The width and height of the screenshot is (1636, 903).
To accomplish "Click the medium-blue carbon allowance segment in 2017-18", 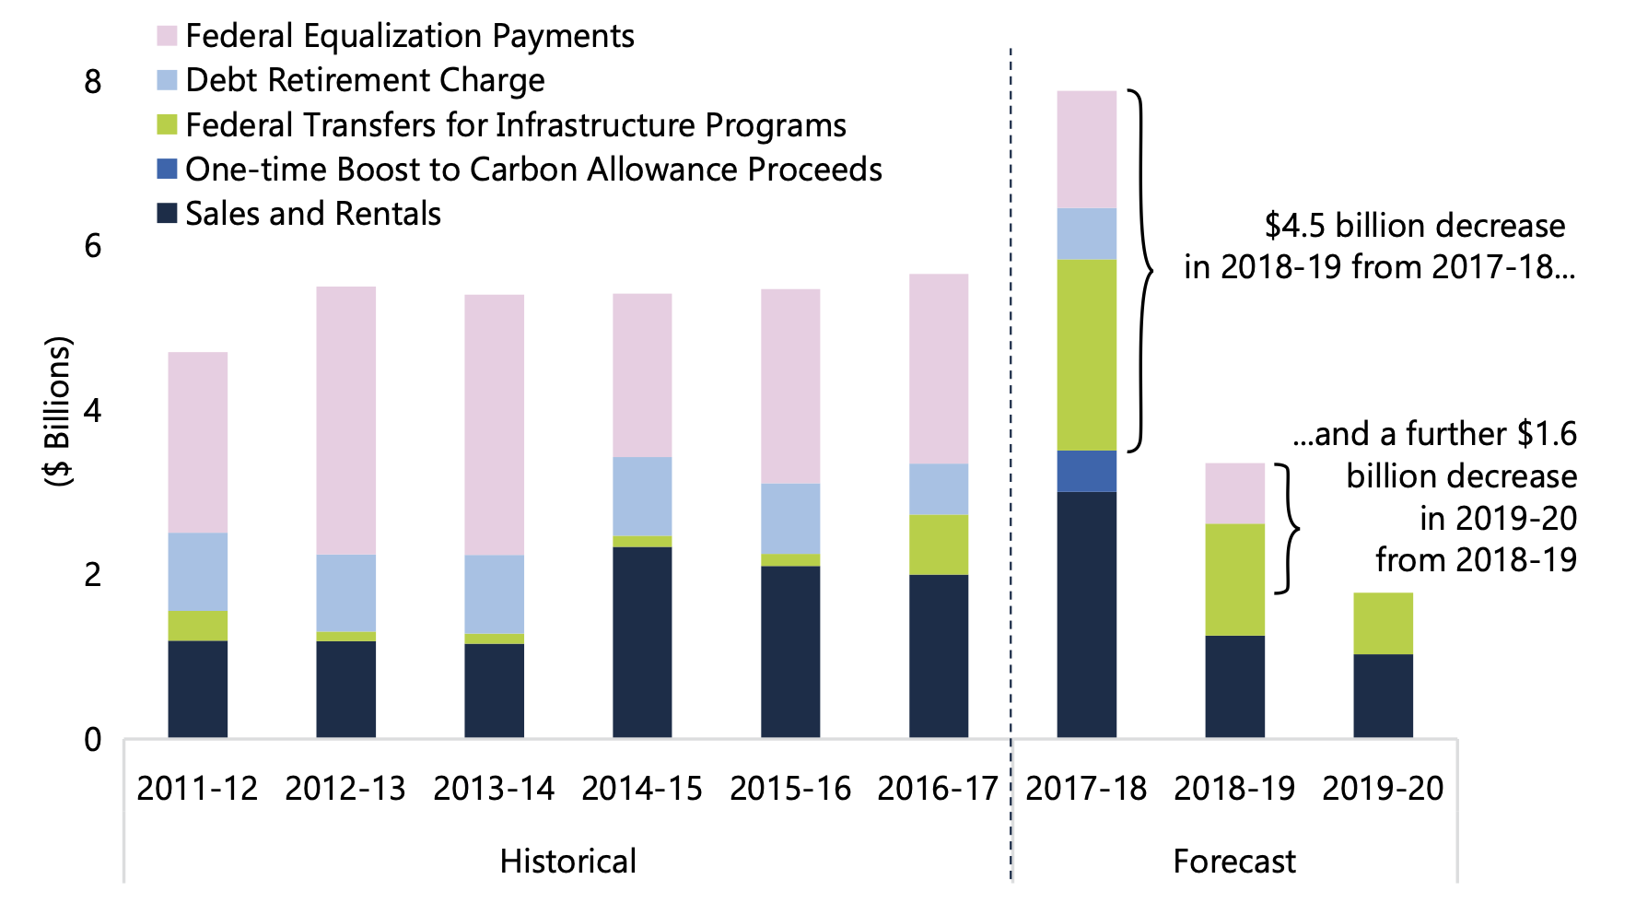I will point(1086,471).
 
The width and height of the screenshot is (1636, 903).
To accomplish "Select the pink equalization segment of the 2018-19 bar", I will point(1234,493).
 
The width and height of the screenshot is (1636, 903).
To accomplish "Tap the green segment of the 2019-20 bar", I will point(1383,623).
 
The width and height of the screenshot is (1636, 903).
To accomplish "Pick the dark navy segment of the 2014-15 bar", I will point(642,642).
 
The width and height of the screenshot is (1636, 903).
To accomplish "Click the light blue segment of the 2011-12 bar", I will point(197,571).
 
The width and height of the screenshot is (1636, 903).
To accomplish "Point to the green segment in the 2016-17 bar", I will point(938,545).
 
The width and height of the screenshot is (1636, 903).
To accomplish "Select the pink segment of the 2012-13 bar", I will point(345,420).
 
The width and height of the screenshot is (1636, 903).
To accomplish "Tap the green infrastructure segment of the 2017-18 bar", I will point(1086,355).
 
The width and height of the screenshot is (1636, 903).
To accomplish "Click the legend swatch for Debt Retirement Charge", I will point(167,80).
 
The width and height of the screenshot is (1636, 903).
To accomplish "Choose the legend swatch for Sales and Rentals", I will point(167,214).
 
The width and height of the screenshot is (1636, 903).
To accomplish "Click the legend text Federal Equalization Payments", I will point(409,36).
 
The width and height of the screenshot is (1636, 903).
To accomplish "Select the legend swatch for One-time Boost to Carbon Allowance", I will point(167,170).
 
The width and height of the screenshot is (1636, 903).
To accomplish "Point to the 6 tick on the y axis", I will point(92,246).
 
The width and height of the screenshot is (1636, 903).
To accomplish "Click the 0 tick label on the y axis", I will point(92,739).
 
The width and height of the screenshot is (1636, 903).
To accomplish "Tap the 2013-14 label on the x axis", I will point(494,789).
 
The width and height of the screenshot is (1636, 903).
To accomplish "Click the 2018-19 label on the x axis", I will point(1234,789).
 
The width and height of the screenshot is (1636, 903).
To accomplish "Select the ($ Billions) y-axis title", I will point(58,411).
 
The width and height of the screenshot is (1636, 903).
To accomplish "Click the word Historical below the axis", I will point(567,862).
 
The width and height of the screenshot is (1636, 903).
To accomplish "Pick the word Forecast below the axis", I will point(1233,862).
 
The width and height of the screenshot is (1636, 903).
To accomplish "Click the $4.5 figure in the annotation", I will point(1295,226).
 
